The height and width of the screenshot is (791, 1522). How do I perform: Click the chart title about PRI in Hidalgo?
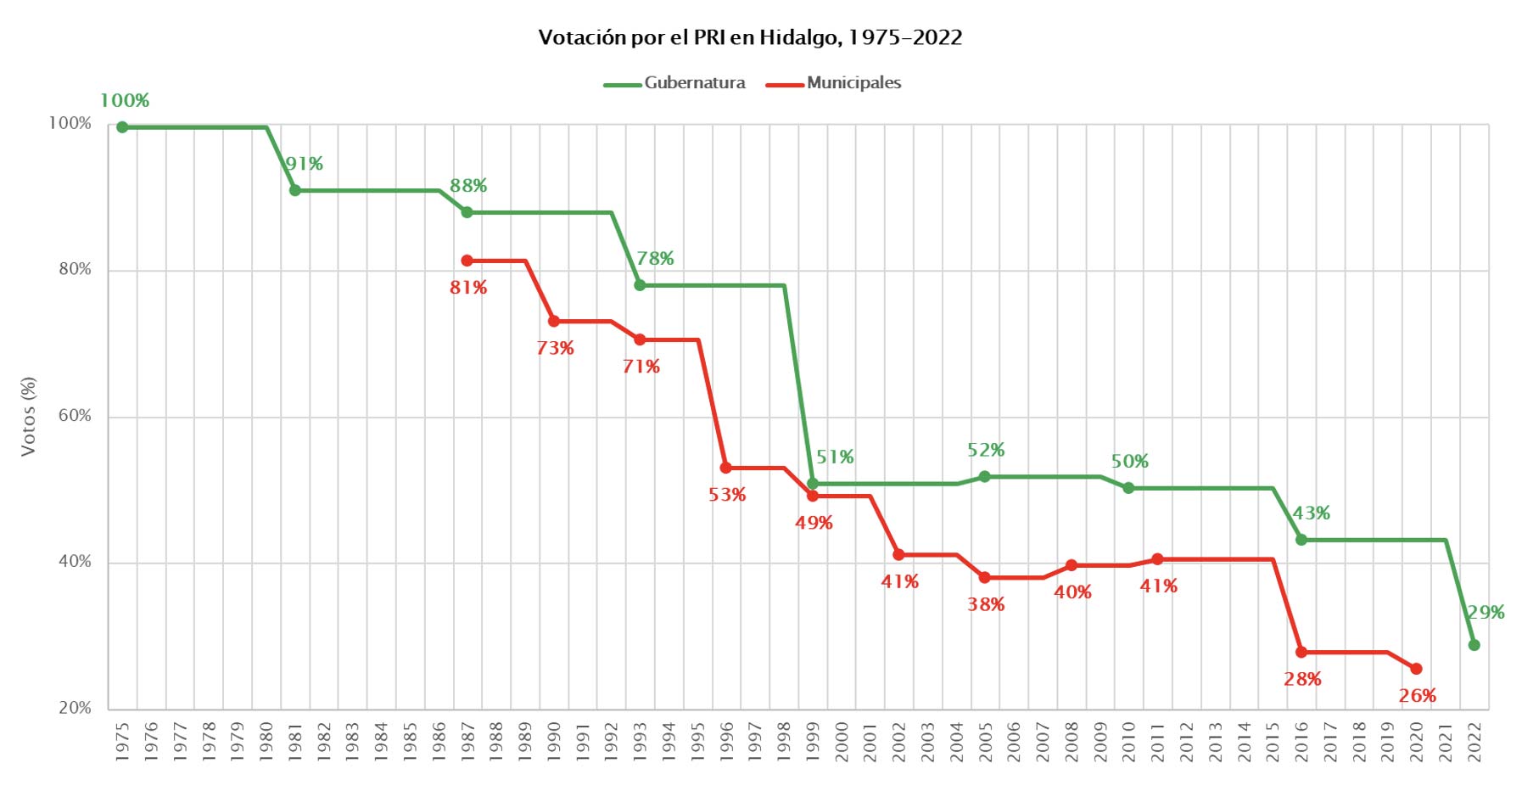750,37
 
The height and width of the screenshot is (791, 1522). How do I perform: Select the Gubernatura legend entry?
694,83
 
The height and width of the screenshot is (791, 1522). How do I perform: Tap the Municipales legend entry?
853,83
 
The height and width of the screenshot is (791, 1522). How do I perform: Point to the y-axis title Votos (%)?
29,416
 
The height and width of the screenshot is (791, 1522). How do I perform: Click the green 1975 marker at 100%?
122,127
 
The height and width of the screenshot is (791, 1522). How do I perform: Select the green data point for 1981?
295,190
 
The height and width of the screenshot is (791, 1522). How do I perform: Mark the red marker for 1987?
467,261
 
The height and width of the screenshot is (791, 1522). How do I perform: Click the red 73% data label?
555,348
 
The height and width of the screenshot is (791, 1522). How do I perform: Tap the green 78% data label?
655,258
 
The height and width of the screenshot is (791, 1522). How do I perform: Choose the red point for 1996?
726,468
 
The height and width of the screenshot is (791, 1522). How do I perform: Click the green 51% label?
835,457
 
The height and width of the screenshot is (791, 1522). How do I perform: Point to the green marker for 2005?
985,477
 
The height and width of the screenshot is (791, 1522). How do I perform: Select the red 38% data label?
986,604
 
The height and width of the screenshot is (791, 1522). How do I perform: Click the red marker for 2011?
1157,559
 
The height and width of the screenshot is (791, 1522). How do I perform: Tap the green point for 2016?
1301,540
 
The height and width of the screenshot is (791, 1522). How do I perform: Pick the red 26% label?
1417,696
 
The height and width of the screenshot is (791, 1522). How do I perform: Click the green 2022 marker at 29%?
1474,645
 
